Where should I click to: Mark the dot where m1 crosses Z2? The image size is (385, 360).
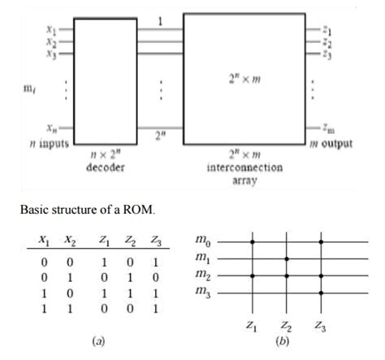pos(287,258)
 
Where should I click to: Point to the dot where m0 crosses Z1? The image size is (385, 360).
pos(253,241)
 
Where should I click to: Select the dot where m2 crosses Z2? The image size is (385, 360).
pos(287,275)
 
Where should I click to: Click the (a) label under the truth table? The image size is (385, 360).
pos(98,342)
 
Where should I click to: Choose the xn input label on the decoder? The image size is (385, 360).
pos(52,128)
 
